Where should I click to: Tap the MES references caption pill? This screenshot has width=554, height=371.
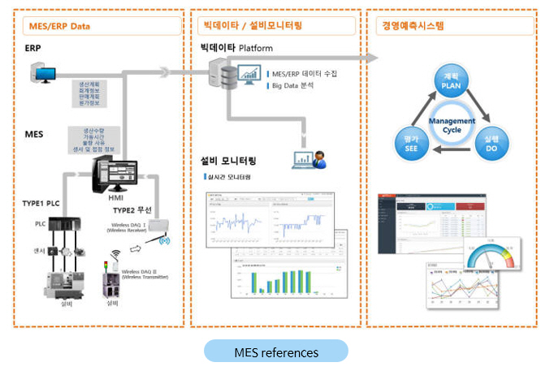click(276, 352)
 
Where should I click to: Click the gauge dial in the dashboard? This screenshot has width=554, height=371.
click(490, 253)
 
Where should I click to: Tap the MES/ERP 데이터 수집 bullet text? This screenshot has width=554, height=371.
click(303, 73)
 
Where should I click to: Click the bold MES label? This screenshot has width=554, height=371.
click(34, 133)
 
